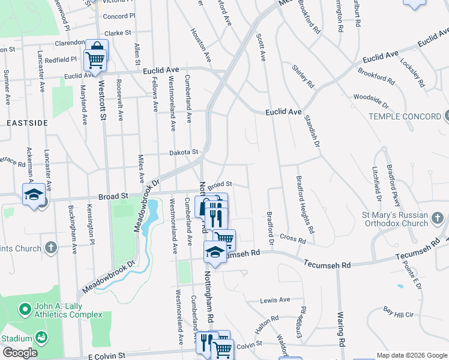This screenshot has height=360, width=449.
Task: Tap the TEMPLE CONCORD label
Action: click(x=404, y=116)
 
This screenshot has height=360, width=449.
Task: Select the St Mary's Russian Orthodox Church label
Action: click(x=394, y=219)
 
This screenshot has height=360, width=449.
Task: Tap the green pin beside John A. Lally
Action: click(x=25, y=310)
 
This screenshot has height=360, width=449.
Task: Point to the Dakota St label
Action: click(x=182, y=153)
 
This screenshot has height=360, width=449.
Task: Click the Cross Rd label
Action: click(x=293, y=239)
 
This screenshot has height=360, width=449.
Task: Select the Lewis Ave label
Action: click(x=275, y=300)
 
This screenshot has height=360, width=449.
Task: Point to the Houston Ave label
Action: click(x=201, y=45)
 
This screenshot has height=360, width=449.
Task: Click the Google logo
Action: click(x=20, y=352)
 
